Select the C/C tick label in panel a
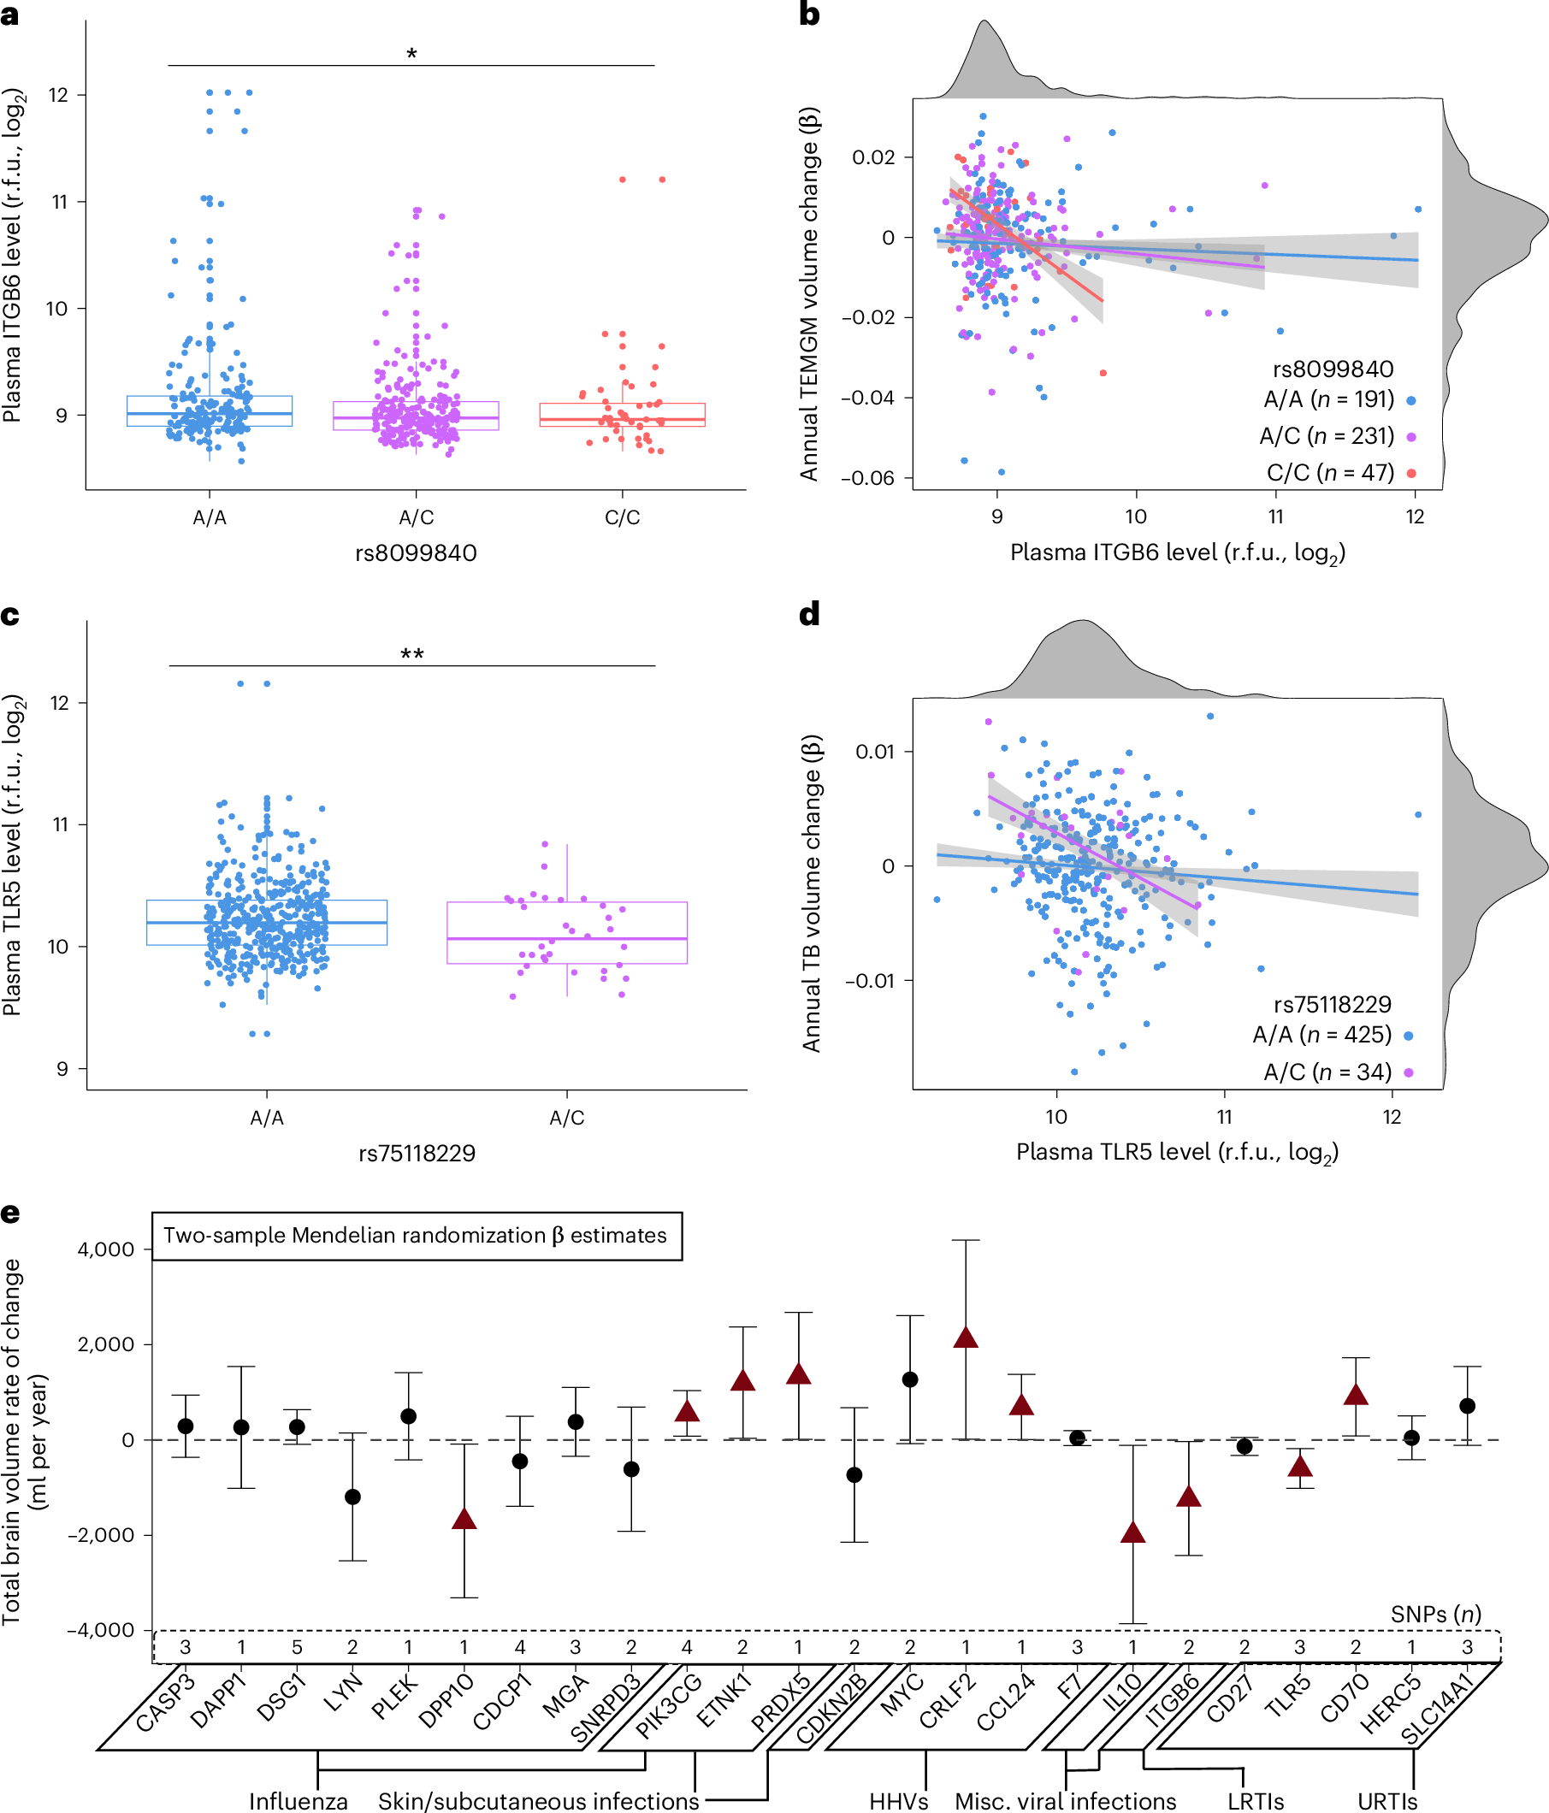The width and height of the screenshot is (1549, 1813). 622,518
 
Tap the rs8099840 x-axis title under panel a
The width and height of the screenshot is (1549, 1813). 416,554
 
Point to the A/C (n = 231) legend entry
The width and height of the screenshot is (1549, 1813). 1327,436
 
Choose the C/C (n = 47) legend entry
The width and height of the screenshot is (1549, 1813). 1330,473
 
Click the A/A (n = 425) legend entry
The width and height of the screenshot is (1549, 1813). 1322,1035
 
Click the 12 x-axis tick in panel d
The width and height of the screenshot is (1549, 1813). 1392,1118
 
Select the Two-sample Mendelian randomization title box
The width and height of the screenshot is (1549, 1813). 417,1236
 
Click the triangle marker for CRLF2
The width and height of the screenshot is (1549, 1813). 967,1338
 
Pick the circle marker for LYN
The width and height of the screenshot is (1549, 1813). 352,1497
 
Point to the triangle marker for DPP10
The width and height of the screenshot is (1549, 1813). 464,1519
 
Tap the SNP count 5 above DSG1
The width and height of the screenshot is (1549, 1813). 297,1648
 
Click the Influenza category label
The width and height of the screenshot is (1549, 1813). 299,1801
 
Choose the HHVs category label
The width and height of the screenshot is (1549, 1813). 898,1801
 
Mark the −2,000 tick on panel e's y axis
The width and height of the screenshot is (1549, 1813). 103,1535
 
